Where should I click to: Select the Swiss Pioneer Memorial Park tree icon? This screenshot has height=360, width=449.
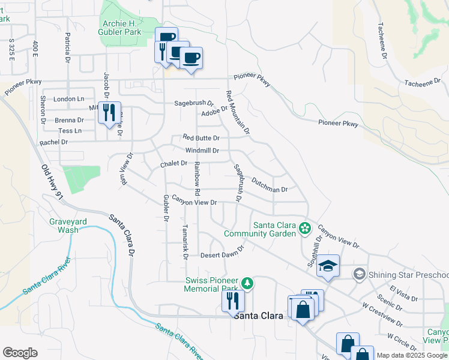click(x=246, y=282)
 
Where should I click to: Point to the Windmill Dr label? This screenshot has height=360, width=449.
click(x=202, y=151)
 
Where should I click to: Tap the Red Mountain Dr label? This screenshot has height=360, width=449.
click(x=237, y=112)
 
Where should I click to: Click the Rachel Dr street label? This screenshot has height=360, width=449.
click(x=53, y=142)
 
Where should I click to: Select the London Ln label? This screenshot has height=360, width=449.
click(x=69, y=99)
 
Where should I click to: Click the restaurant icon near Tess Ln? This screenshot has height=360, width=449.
click(x=109, y=112)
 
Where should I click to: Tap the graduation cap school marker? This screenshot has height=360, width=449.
click(x=329, y=265)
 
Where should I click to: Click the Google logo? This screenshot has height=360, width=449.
click(x=20, y=353)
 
